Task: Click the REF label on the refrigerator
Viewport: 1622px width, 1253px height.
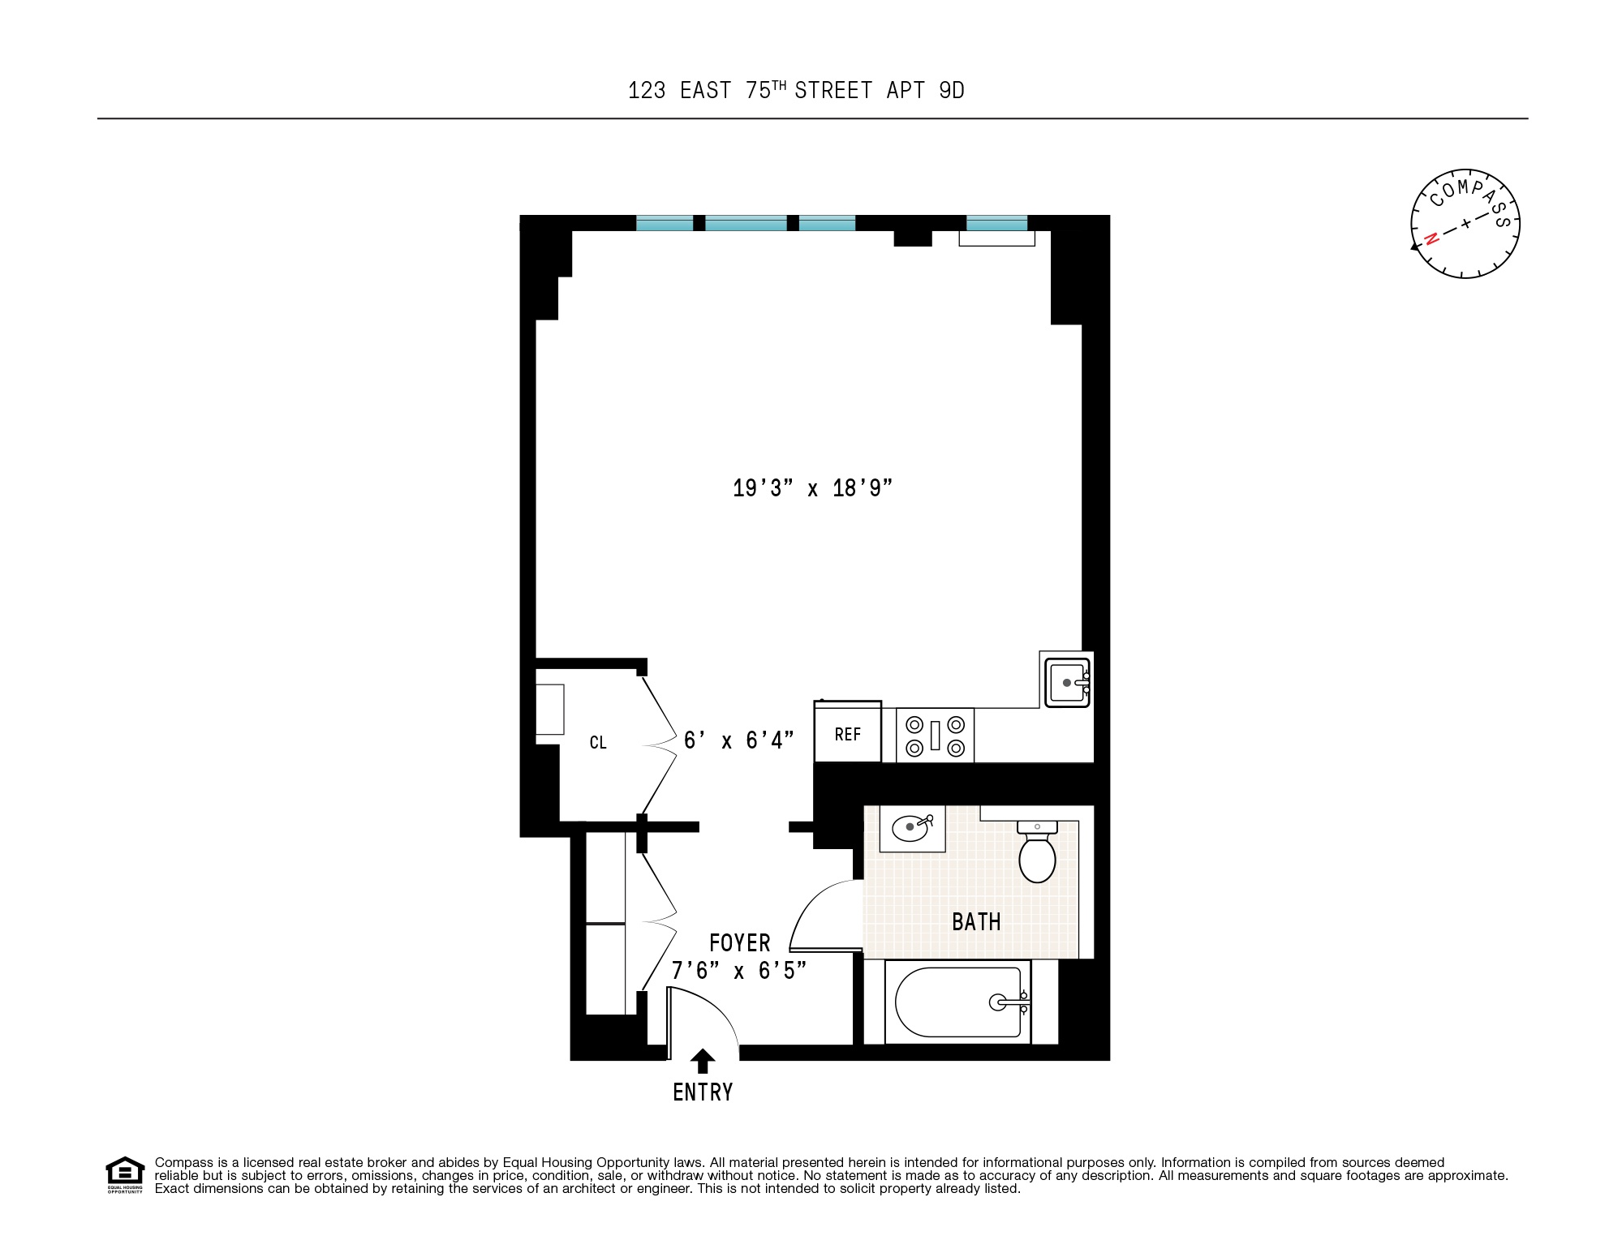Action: [x=847, y=734]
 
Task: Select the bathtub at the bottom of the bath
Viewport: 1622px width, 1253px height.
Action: [x=957, y=1002]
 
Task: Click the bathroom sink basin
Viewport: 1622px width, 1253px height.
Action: [x=910, y=828]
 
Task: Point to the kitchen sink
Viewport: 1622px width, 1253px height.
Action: [x=1066, y=683]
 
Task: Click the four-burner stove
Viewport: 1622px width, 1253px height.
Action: [x=935, y=735]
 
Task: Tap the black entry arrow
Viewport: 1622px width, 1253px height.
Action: [x=703, y=1062]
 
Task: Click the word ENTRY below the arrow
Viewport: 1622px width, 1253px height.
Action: [x=703, y=1092]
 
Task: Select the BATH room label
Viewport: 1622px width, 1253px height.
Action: [x=976, y=922]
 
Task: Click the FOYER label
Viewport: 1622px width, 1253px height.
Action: [x=739, y=943]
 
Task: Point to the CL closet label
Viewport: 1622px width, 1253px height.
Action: [x=598, y=743]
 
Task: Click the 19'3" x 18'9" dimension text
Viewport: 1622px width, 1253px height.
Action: [x=812, y=488]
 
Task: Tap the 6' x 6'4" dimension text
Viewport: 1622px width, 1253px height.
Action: [x=738, y=740]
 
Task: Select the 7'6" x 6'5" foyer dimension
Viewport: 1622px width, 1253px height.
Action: [x=738, y=970]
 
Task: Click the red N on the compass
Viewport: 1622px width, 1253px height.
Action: [x=1432, y=238]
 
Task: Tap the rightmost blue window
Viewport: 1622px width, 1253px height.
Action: [x=996, y=223]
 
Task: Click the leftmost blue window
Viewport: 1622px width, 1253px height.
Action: [x=665, y=223]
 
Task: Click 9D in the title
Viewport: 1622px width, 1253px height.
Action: [x=951, y=91]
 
